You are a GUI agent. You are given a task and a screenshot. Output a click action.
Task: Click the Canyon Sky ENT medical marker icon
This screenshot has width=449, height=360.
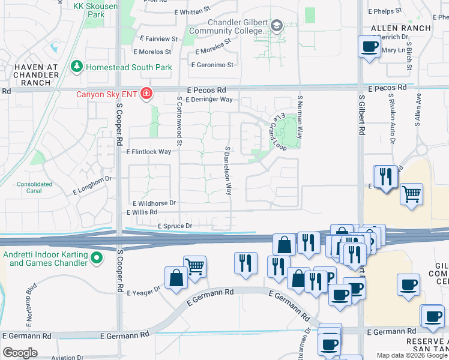pos(145,94)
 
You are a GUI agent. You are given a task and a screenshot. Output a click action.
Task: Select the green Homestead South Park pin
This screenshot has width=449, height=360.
pos(77,67)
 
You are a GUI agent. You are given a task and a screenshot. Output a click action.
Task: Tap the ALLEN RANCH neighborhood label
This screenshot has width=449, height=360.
pos(400,28)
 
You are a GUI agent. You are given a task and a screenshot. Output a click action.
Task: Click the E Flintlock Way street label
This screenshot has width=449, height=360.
pos(149,152)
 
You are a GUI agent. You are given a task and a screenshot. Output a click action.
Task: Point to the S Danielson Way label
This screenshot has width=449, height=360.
pos(228,170)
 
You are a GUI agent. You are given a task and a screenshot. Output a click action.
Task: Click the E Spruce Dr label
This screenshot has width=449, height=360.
pos(175,226)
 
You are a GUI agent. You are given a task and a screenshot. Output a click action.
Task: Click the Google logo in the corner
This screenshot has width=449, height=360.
pos(20,353)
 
